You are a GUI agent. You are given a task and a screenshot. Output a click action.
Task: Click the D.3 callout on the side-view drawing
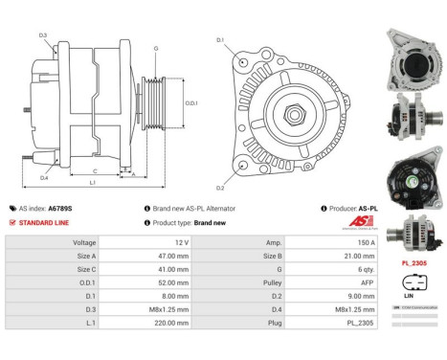pos(44,35)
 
